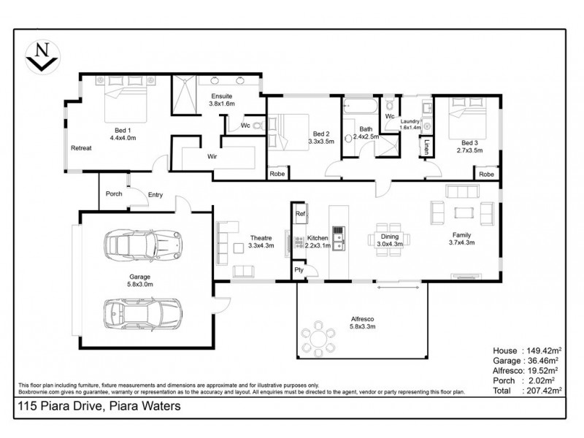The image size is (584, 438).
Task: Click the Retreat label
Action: (x=80, y=148)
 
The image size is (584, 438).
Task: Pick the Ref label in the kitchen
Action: (x=300, y=214)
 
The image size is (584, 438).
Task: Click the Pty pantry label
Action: (x=299, y=269)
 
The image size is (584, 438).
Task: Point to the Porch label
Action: (x=114, y=194)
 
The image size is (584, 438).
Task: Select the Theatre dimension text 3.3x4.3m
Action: (x=261, y=246)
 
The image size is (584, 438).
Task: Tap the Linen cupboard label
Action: (x=426, y=148)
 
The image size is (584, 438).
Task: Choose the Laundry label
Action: (x=410, y=120)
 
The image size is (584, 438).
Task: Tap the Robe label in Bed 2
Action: (x=277, y=174)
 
